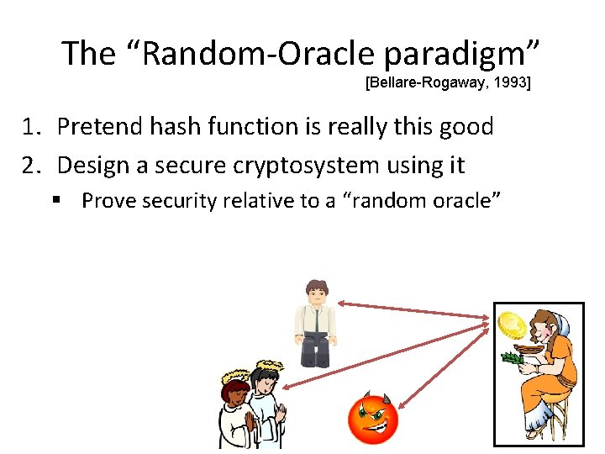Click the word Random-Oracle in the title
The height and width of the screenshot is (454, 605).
(259, 53)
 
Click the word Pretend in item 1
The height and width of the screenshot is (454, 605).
(99, 126)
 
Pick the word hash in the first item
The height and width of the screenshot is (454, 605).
(176, 126)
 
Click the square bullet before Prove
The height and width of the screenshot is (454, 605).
(56, 199)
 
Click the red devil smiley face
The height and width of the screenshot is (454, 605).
(373, 418)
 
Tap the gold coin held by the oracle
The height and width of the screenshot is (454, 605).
(512, 325)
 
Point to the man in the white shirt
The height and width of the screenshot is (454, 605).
(316, 324)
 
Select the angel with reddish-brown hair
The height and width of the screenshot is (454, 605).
(235, 412)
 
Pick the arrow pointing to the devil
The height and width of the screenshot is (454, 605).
(444, 367)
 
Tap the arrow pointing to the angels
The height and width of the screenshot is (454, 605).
(386, 356)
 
